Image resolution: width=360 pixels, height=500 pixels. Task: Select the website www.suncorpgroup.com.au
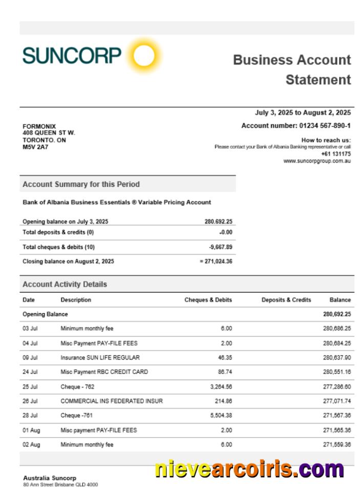[317, 161]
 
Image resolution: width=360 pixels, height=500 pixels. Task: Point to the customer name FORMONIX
[39, 127]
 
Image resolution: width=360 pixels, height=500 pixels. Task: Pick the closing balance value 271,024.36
[218, 261]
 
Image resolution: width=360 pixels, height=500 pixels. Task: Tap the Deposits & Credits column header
[286, 300]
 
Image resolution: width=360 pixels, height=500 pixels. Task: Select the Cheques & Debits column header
[208, 300]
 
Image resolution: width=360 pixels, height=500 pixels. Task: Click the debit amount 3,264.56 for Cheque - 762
[221, 387]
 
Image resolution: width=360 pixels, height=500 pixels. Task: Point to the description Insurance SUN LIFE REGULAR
[100, 358]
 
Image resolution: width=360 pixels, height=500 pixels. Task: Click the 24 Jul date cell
[30, 372]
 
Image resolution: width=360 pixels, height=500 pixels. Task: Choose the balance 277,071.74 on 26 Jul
[336, 401]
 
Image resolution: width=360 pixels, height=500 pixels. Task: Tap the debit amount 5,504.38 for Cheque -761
[221, 415]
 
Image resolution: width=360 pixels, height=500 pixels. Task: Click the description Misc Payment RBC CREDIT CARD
[104, 372]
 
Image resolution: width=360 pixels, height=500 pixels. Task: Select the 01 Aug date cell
[31, 430]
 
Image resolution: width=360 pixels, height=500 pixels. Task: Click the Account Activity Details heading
[65, 284]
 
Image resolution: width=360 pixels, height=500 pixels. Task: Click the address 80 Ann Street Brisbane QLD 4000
[60, 485]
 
